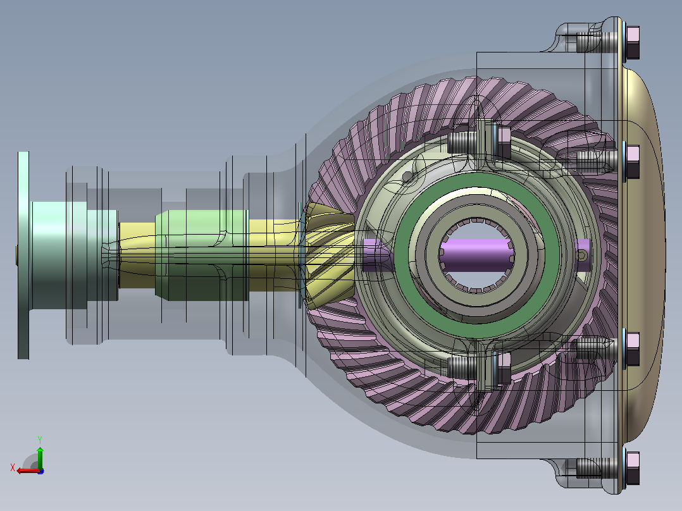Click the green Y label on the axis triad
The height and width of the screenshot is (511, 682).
point(40,440)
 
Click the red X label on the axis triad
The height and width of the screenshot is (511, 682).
point(13,468)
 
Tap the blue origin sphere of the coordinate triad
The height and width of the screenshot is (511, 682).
point(40,471)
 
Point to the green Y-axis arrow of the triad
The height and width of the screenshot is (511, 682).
point(40,457)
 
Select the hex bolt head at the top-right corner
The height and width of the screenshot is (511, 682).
point(633,42)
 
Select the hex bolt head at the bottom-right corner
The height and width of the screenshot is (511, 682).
point(633,468)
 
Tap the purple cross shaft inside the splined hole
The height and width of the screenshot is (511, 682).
point(477,255)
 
